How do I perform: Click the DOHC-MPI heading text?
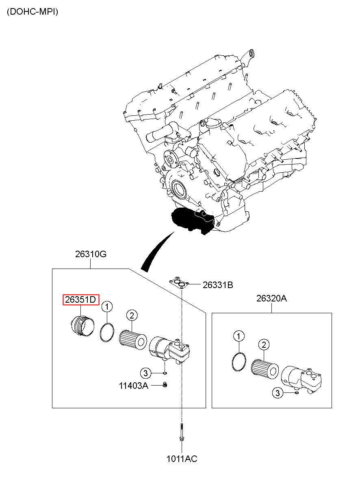(x=33, y=12)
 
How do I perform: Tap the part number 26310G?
(x=91, y=254)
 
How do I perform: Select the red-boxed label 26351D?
(x=81, y=299)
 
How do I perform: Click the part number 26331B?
(x=218, y=285)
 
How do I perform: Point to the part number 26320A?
(x=271, y=299)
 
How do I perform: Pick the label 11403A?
(x=134, y=386)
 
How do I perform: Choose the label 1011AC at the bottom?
(x=182, y=464)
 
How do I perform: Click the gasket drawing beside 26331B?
(x=178, y=283)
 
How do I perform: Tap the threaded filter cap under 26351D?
(x=82, y=327)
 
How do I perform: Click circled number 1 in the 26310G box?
(x=107, y=306)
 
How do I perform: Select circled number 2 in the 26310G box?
(x=132, y=316)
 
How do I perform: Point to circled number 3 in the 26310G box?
(x=145, y=373)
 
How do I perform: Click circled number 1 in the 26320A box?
(x=239, y=336)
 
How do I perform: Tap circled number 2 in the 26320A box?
(x=264, y=345)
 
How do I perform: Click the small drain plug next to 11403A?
(x=165, y=385)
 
